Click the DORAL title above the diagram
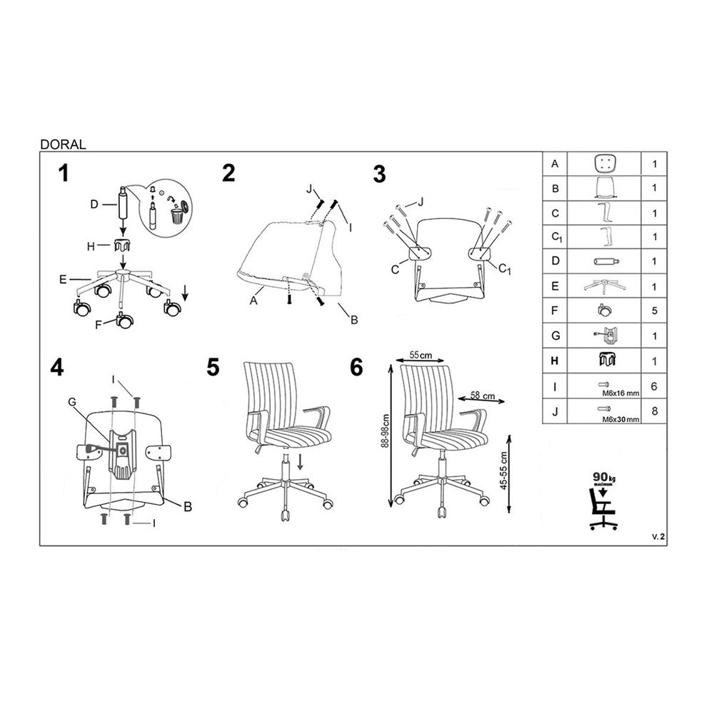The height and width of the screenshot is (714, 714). click(63, 144)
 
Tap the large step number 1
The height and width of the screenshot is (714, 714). click(64, 174)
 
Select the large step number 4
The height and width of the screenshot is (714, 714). click(57, 367)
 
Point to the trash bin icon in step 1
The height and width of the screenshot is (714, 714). click(176, 216)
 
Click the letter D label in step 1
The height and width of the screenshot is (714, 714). click(94, 204)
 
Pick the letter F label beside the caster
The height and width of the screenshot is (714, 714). click(99, 325)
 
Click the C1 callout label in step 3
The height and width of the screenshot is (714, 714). click(505, 268)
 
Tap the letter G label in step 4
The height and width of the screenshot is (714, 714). click(72, 401)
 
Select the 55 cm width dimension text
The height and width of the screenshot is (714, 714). click(421, 355)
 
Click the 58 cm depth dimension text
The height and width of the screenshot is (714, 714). click(483, 396)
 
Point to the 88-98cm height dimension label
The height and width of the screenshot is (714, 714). click(386, 431)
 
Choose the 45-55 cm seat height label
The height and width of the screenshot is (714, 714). click(503, 471)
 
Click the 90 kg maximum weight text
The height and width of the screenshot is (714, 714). click(604, 478)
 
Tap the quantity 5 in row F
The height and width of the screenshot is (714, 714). click(654, 311)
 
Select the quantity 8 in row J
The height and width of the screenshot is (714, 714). click(654, 411)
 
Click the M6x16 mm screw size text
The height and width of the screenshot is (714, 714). click(620, 393)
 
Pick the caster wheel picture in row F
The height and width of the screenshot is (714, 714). click(604, 311)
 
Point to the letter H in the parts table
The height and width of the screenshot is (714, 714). click(554, 361)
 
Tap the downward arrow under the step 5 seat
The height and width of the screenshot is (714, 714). click(300, 462)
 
